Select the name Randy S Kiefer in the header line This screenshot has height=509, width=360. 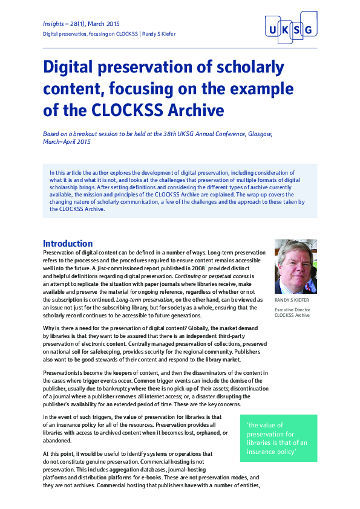pos(159,34)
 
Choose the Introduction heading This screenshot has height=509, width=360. pos(68,244)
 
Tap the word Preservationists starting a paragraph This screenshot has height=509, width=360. pos(68,374)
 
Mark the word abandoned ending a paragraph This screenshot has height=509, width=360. pos(57,441)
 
